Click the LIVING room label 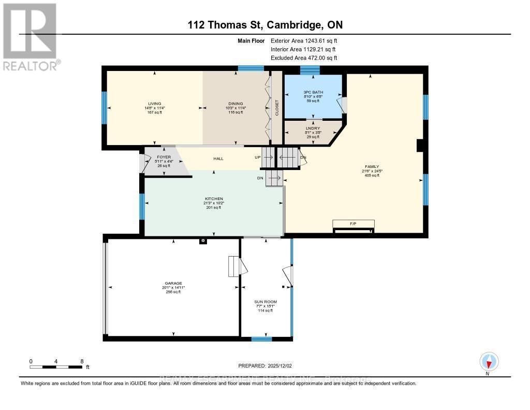click(x=154, y=103)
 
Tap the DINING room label click(x=236, y=103)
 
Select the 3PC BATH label click(x=313, y=92)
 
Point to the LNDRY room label click(x=313, y=128)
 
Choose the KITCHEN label click(x=213, y=199)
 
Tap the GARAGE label click(x=173, y=283)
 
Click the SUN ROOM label click(x=266, y=302)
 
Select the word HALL click(x=218, y=159)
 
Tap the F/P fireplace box click(x=353, y=224)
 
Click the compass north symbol click(x=489, y=361)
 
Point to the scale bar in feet click(x=56, y=366)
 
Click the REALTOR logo click(x=30, y=36)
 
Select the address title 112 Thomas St click(x=264, y=25)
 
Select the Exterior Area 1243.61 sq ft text click(x=304, y=40)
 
